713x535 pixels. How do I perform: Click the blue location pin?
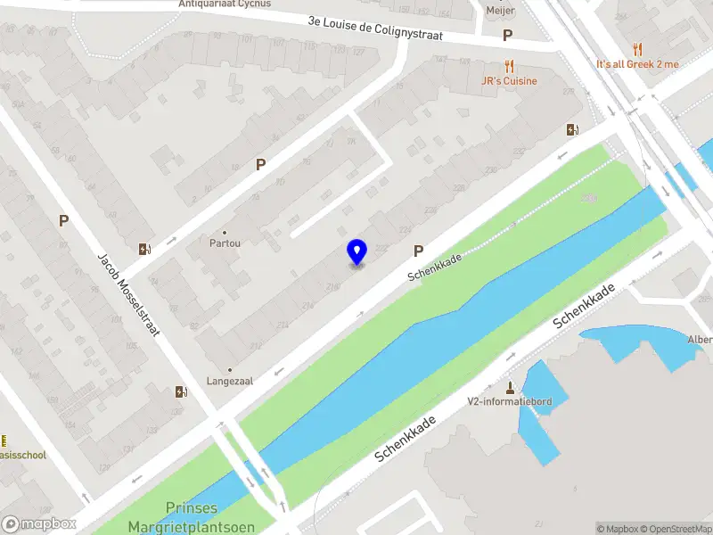pyautogui.click(x=356, y=251)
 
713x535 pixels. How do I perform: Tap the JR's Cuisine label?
pyautogui.click(x=508, y=81)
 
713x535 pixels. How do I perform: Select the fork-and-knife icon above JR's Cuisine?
pyautogui.click(x=509, y=66)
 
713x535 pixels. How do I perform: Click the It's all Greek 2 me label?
pyautogui.click(x=637, y=64)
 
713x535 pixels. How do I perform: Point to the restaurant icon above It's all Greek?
pyautogui.click(x=637, y=49)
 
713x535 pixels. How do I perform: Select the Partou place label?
pyautogui.click(x=225, y=243)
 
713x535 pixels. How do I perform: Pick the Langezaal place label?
pyautogui.click(x=230, y=381)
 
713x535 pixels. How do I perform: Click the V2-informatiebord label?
pyautogui.click(x=510, y=401)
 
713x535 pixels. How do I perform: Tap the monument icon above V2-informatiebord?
pyautogui.click(x=510, y=387)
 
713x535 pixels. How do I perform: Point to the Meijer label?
pyautogui.click(x=501, y=11)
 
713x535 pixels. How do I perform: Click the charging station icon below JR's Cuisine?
pyautogui.click(x=572, y=129)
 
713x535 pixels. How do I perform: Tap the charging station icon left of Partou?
pyautogui.click(x=144, y=250)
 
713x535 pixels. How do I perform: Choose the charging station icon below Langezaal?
pyautogui.click(x=182, y=391)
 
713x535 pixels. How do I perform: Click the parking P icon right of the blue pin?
pyautogui.click(x=418, y=252)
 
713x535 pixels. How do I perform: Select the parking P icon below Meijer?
pyautogui.click(x=508, y=36)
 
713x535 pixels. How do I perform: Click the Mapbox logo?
pyautogui.click(x=38, y=524)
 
